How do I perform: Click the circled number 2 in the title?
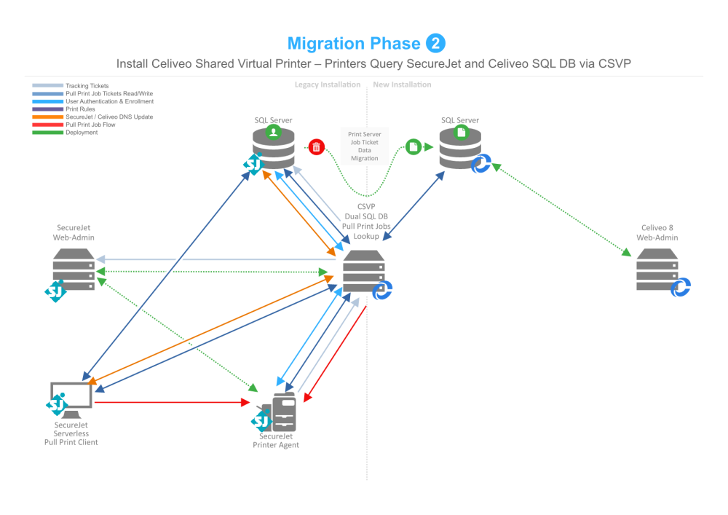point(435,44)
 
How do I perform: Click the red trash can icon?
point(316,147)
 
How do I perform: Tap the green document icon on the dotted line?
point(413,146)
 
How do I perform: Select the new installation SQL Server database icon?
point(460,146)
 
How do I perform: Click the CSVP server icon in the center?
point(363,271)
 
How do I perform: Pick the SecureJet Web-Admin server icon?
point(74,270)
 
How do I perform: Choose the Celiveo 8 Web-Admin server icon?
point(657,270)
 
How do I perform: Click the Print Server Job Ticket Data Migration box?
point(364,146)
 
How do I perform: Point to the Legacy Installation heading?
point(327,84)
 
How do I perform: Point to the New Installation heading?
point(402,84)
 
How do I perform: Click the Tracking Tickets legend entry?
point(87,86)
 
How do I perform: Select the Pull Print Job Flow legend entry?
point(90,125)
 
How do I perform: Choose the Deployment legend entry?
point(82,133)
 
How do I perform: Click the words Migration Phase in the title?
point(354,44)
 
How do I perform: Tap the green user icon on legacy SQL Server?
point(272,132)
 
